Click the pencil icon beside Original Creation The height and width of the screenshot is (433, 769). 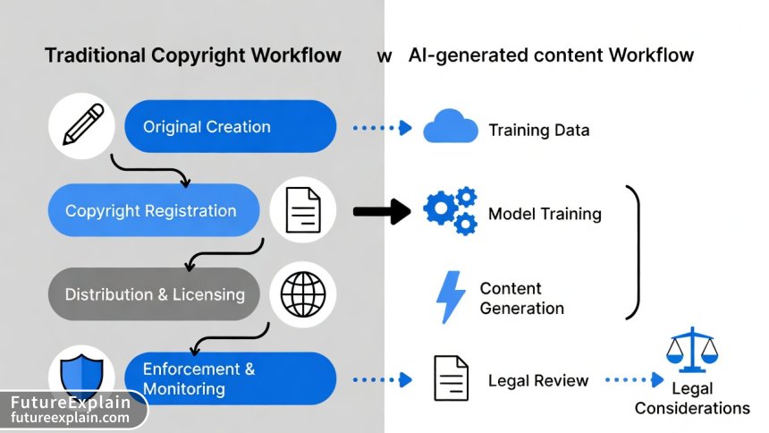(x=81, y=126)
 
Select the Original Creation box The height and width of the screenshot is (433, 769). (x=230, y=126)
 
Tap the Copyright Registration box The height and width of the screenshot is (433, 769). (x=151, y=211)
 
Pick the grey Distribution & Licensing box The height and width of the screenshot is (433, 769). (x=154, y=294)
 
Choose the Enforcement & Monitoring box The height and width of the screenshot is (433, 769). (x=228, y=378)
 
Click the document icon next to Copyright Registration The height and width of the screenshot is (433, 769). (x=302, y=211)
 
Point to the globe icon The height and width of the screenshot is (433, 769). (x=302, y=294)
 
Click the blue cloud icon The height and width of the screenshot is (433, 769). (x=450, y=128)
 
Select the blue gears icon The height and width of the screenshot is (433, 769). (x=450, y=212)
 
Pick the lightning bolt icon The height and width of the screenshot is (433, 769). (x=449, y=297)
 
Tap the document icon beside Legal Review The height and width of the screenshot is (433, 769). (x=451, y=379)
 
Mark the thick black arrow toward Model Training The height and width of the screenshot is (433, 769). (x=382, y=212)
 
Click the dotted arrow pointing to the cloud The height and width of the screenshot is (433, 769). (x=382, y=128)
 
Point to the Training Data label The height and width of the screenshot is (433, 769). (x=538, y=131)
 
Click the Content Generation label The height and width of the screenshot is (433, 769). (x=521, y=298)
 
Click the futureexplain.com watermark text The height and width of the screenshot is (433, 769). (x=71, y=417)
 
